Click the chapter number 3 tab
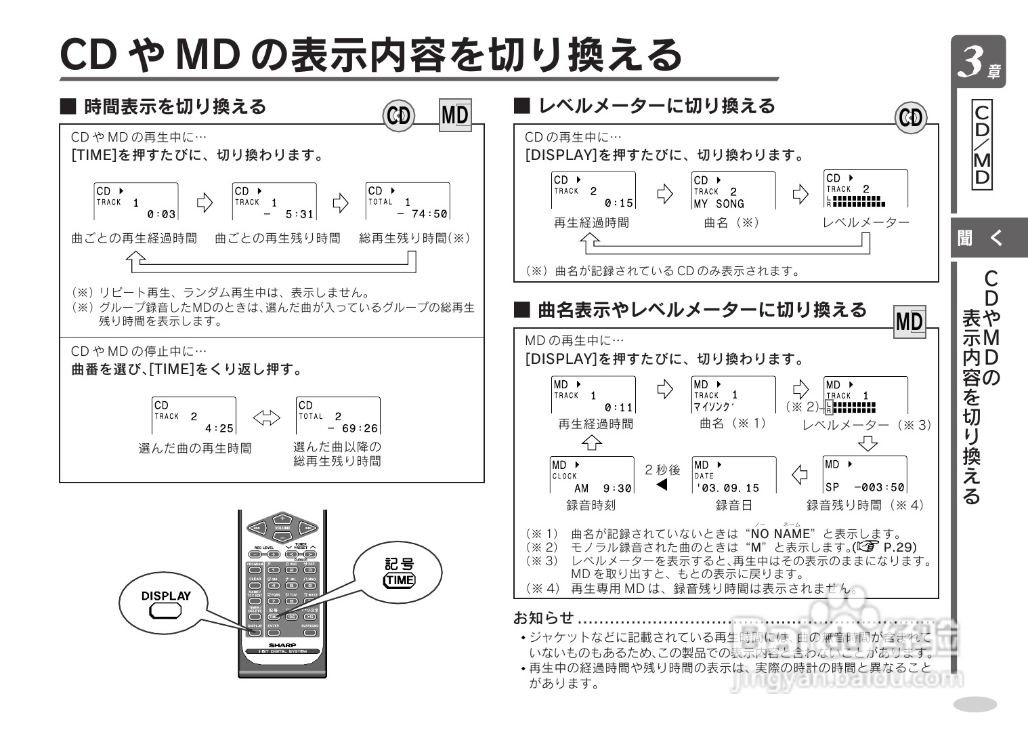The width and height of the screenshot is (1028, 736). click(x=978, y=62)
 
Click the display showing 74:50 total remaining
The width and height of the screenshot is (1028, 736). click(x=408, y=201)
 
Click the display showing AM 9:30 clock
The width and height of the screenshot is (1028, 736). click(x=592, y=476)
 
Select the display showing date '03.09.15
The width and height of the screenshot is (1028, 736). click(x=733, y=476)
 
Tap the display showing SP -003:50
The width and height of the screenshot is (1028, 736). click(x=865, y=476)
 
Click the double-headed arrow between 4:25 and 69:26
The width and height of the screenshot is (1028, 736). click(x=266, y=418)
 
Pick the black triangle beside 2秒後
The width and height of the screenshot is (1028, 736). click(x=662, y=485)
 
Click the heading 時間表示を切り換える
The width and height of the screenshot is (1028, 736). click(x=175, y=107)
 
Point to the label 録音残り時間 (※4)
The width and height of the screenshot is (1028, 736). click(x=865, y=506)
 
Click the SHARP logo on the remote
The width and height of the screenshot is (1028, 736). click(x=282, y=645)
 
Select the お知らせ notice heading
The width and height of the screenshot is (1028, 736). click(x=544, y=618)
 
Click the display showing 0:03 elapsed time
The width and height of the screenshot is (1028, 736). click(x=136, y=201)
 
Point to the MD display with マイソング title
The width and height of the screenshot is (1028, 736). click(x=733, y=395)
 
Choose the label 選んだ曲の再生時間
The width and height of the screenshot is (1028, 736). click(x=195, y=449)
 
